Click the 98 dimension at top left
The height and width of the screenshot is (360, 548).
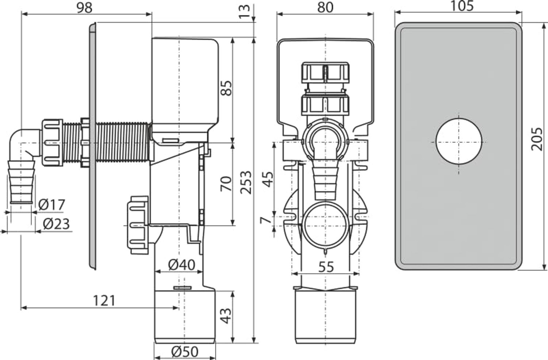pyautogui.click(x=85, y=8)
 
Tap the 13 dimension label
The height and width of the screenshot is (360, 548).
pyautogui.click(x=244, y=11)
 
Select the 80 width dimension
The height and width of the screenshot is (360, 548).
pyautogui.click(x=325, y=7)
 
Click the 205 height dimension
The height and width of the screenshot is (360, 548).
pyautogui.click(x=537, y=139)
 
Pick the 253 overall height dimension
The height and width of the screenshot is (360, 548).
pyautogui.click(x=246, y=182)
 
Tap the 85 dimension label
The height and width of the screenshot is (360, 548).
pyautogui.click(x=226, y=88)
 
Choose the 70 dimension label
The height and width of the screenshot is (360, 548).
pyautogui.click(x=226, y=183)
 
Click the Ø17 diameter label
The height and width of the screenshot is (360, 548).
pyautogui.click(x=52, y=204)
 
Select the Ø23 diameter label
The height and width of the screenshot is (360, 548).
pyautogui.click(x=56, y=223)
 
